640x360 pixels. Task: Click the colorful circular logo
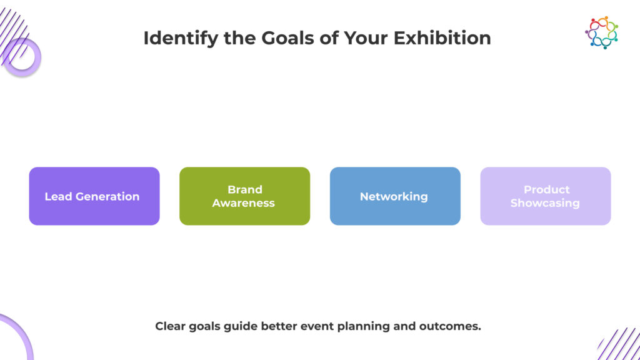click(x=601, y=32)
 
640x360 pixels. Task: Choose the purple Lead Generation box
click(x=94, y=196)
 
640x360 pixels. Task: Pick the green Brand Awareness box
click(x=244, y=196)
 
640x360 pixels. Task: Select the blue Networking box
click(x=395, y=196)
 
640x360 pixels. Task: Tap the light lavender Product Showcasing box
click(x=545, y=196)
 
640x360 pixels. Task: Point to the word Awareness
click(x=244, y=203)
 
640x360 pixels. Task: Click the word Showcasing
click(x=545, y=203)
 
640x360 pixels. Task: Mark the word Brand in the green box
click(x=245, y=189)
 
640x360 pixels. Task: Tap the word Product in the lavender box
click(x=546, y=189)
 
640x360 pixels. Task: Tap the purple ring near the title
click(x=22, y=57)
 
